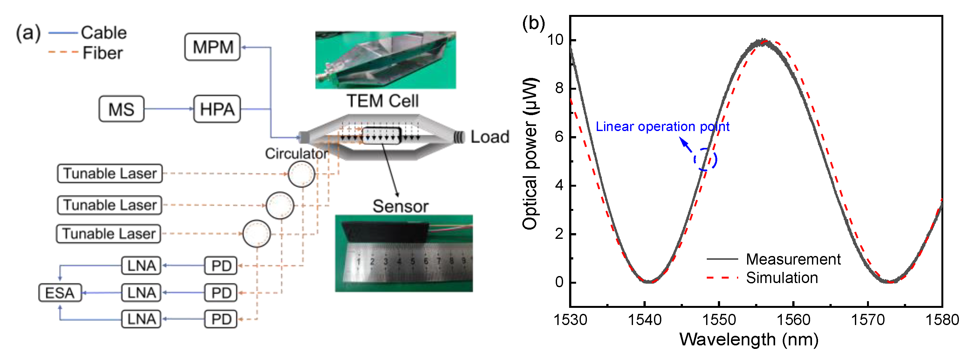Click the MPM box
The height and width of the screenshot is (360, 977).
click(212, 47)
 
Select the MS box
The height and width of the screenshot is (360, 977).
click(121, 109)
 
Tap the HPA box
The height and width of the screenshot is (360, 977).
click(217, 109)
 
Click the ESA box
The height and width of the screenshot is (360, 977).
click(60, 293)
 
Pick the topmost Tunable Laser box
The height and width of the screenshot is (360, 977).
click(110, 173)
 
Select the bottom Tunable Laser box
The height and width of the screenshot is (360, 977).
click(108, 234)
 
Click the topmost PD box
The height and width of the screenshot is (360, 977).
click(221, 266)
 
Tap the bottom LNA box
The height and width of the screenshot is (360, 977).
click(141, 319)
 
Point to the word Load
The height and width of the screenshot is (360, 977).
click(490, 137)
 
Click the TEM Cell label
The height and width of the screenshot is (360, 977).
click(382, 101)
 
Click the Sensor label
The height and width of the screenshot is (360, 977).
click(400, 206)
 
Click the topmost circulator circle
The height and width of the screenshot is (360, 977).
click(301, 174)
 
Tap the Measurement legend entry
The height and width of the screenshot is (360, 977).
click(793, 260)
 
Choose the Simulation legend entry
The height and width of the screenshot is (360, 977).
click(781, 278)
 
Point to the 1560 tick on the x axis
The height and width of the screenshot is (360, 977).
click(794, 320)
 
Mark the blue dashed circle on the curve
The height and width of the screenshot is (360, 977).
click(705, 159)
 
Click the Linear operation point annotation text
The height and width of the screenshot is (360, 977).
click(662, 127)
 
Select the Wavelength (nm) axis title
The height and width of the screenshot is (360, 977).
click(749, 340)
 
